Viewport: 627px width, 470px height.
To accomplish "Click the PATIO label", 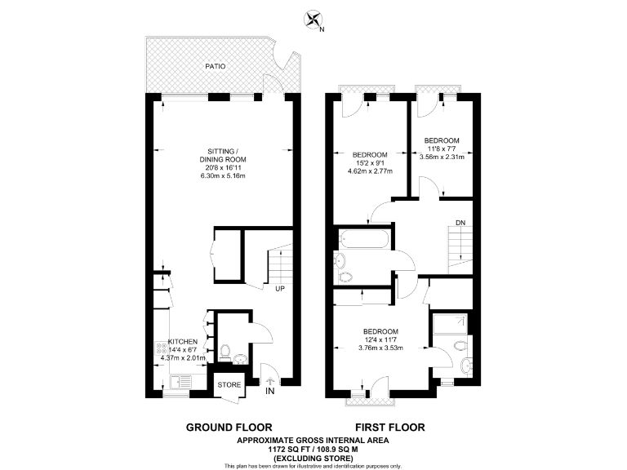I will click(x=216, y=66).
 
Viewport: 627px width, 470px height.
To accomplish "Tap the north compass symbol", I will click(x=312, y=19).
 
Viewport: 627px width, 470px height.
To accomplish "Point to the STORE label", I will click(x=229, y=384).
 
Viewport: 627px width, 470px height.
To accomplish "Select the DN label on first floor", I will click(x=460, y=222).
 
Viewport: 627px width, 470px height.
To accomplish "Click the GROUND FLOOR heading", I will click(x=225, y=428).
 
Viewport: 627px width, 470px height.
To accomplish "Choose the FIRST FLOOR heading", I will click(x=389, y=428).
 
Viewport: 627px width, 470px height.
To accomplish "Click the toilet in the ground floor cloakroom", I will click(x=238, y=358).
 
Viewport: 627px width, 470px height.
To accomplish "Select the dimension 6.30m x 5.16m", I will click(x=223, y=176).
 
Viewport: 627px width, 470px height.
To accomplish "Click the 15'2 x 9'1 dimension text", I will click(x=371, y=162).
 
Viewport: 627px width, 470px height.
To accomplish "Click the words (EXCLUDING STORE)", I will click(x=313, y=458).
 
